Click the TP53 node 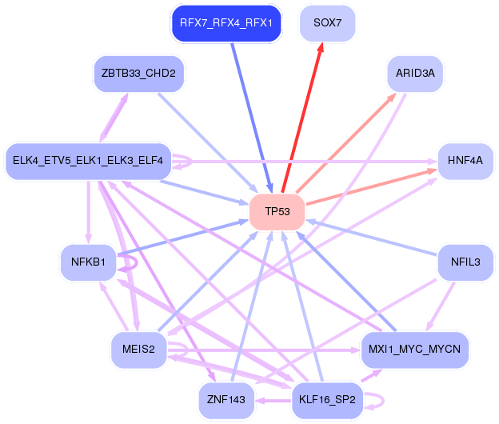(277, 212)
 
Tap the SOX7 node (327, 23)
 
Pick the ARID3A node (415, 74)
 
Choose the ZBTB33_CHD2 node (138, 74)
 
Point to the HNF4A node (465, 161)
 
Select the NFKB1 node (88, 262)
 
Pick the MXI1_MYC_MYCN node (415, 349)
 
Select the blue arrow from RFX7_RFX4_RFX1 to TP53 (250, 112)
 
